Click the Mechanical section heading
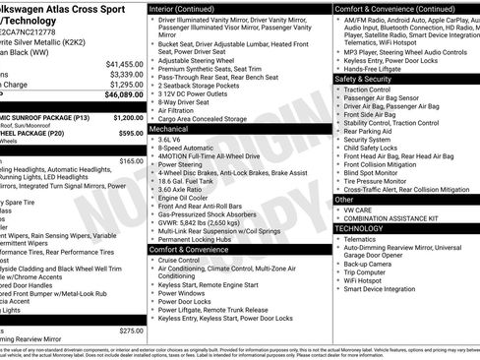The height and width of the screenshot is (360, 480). (x=169, y=128)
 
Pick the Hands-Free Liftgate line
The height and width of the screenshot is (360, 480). (x=380, y=67)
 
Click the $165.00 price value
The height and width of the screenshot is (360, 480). (x=131, y=160)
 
